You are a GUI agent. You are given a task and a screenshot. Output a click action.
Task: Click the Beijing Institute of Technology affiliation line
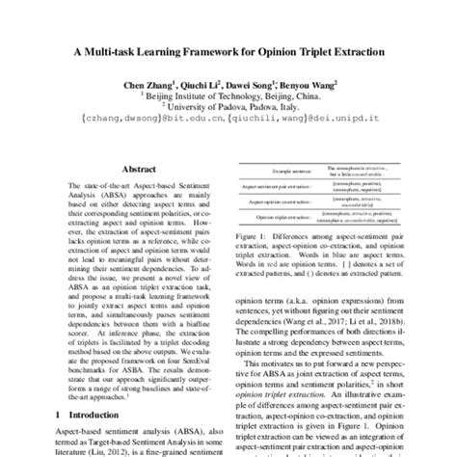pos(228,96)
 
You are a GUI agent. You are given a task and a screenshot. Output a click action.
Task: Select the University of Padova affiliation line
pos(228,107)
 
